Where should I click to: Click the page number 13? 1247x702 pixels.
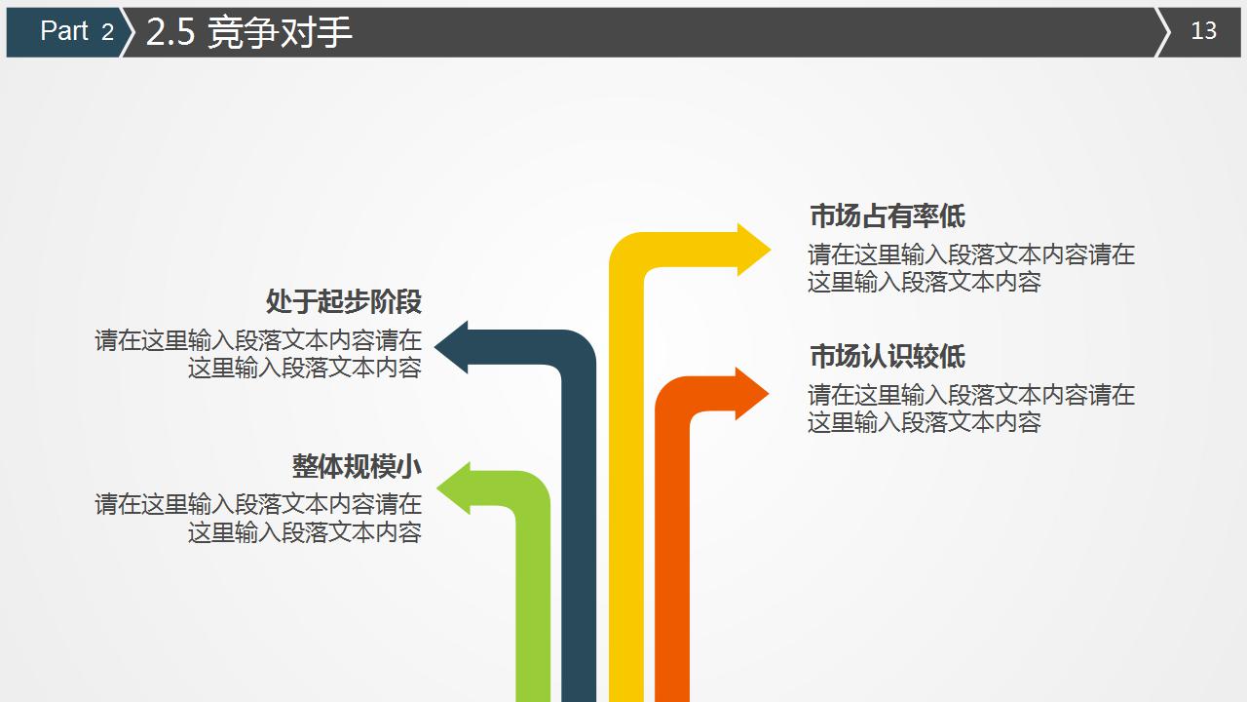pyautogui.click(x=1203, y=31)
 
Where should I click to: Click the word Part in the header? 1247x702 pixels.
pyautogui.click(x=64, y=31)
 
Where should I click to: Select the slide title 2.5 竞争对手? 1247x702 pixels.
pyautogui.click(x=248, y=32)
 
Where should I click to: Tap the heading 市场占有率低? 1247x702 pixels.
pyautogui.click(x=887, y=215)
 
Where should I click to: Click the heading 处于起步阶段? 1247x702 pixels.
pyautogui.click(x=343, y=301)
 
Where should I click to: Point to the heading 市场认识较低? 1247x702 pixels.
pyautogui.click(x=887, y=356)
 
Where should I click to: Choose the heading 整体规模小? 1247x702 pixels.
pyautogui.click(x=357, y=466)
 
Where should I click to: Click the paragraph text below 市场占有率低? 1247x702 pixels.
pyautogui.click(x=970, y=268)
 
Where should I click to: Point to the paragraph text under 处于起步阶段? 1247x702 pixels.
pyautogui.click(x=258, y=353)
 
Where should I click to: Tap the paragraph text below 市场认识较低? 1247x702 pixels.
pyautogui.click(x=970, y=409)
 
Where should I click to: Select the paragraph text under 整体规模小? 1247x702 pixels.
pyautogui.click(x=258, y=518)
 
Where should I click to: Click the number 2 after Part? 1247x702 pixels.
pyautogui.click(x=107, y=32)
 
